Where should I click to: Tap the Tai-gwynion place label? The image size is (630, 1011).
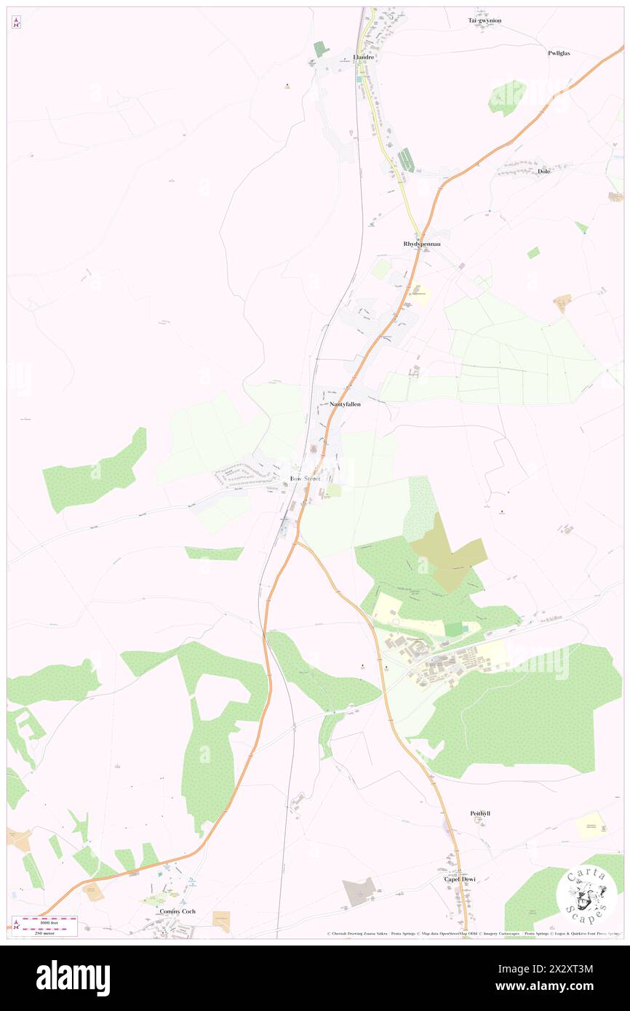tap(485, 20)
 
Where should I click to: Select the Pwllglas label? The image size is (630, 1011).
tap(562, 53)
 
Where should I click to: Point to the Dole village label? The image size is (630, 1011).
tap(543, 171)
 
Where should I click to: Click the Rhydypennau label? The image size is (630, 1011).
tap(422, 244)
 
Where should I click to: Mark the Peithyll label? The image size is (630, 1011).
tap(480, 812)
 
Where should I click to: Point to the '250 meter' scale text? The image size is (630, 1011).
tap(44, 932)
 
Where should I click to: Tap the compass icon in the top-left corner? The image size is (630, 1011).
tap(17, 23)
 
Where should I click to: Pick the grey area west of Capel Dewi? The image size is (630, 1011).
tap(359, 891)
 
